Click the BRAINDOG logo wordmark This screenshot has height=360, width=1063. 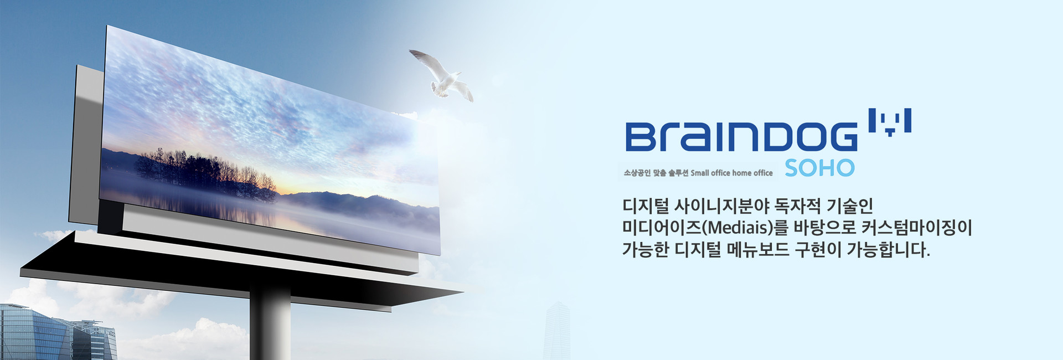tap(741, 137)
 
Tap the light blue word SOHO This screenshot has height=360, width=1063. tap(819, 168)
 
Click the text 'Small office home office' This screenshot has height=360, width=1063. tap(731, 173)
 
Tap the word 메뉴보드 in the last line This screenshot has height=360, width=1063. tap(757, 250)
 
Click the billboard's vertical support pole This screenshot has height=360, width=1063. tap(270, 321)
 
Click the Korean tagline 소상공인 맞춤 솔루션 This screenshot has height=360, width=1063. tap(656, 173)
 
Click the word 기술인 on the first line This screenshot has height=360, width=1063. tap(849, 206)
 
